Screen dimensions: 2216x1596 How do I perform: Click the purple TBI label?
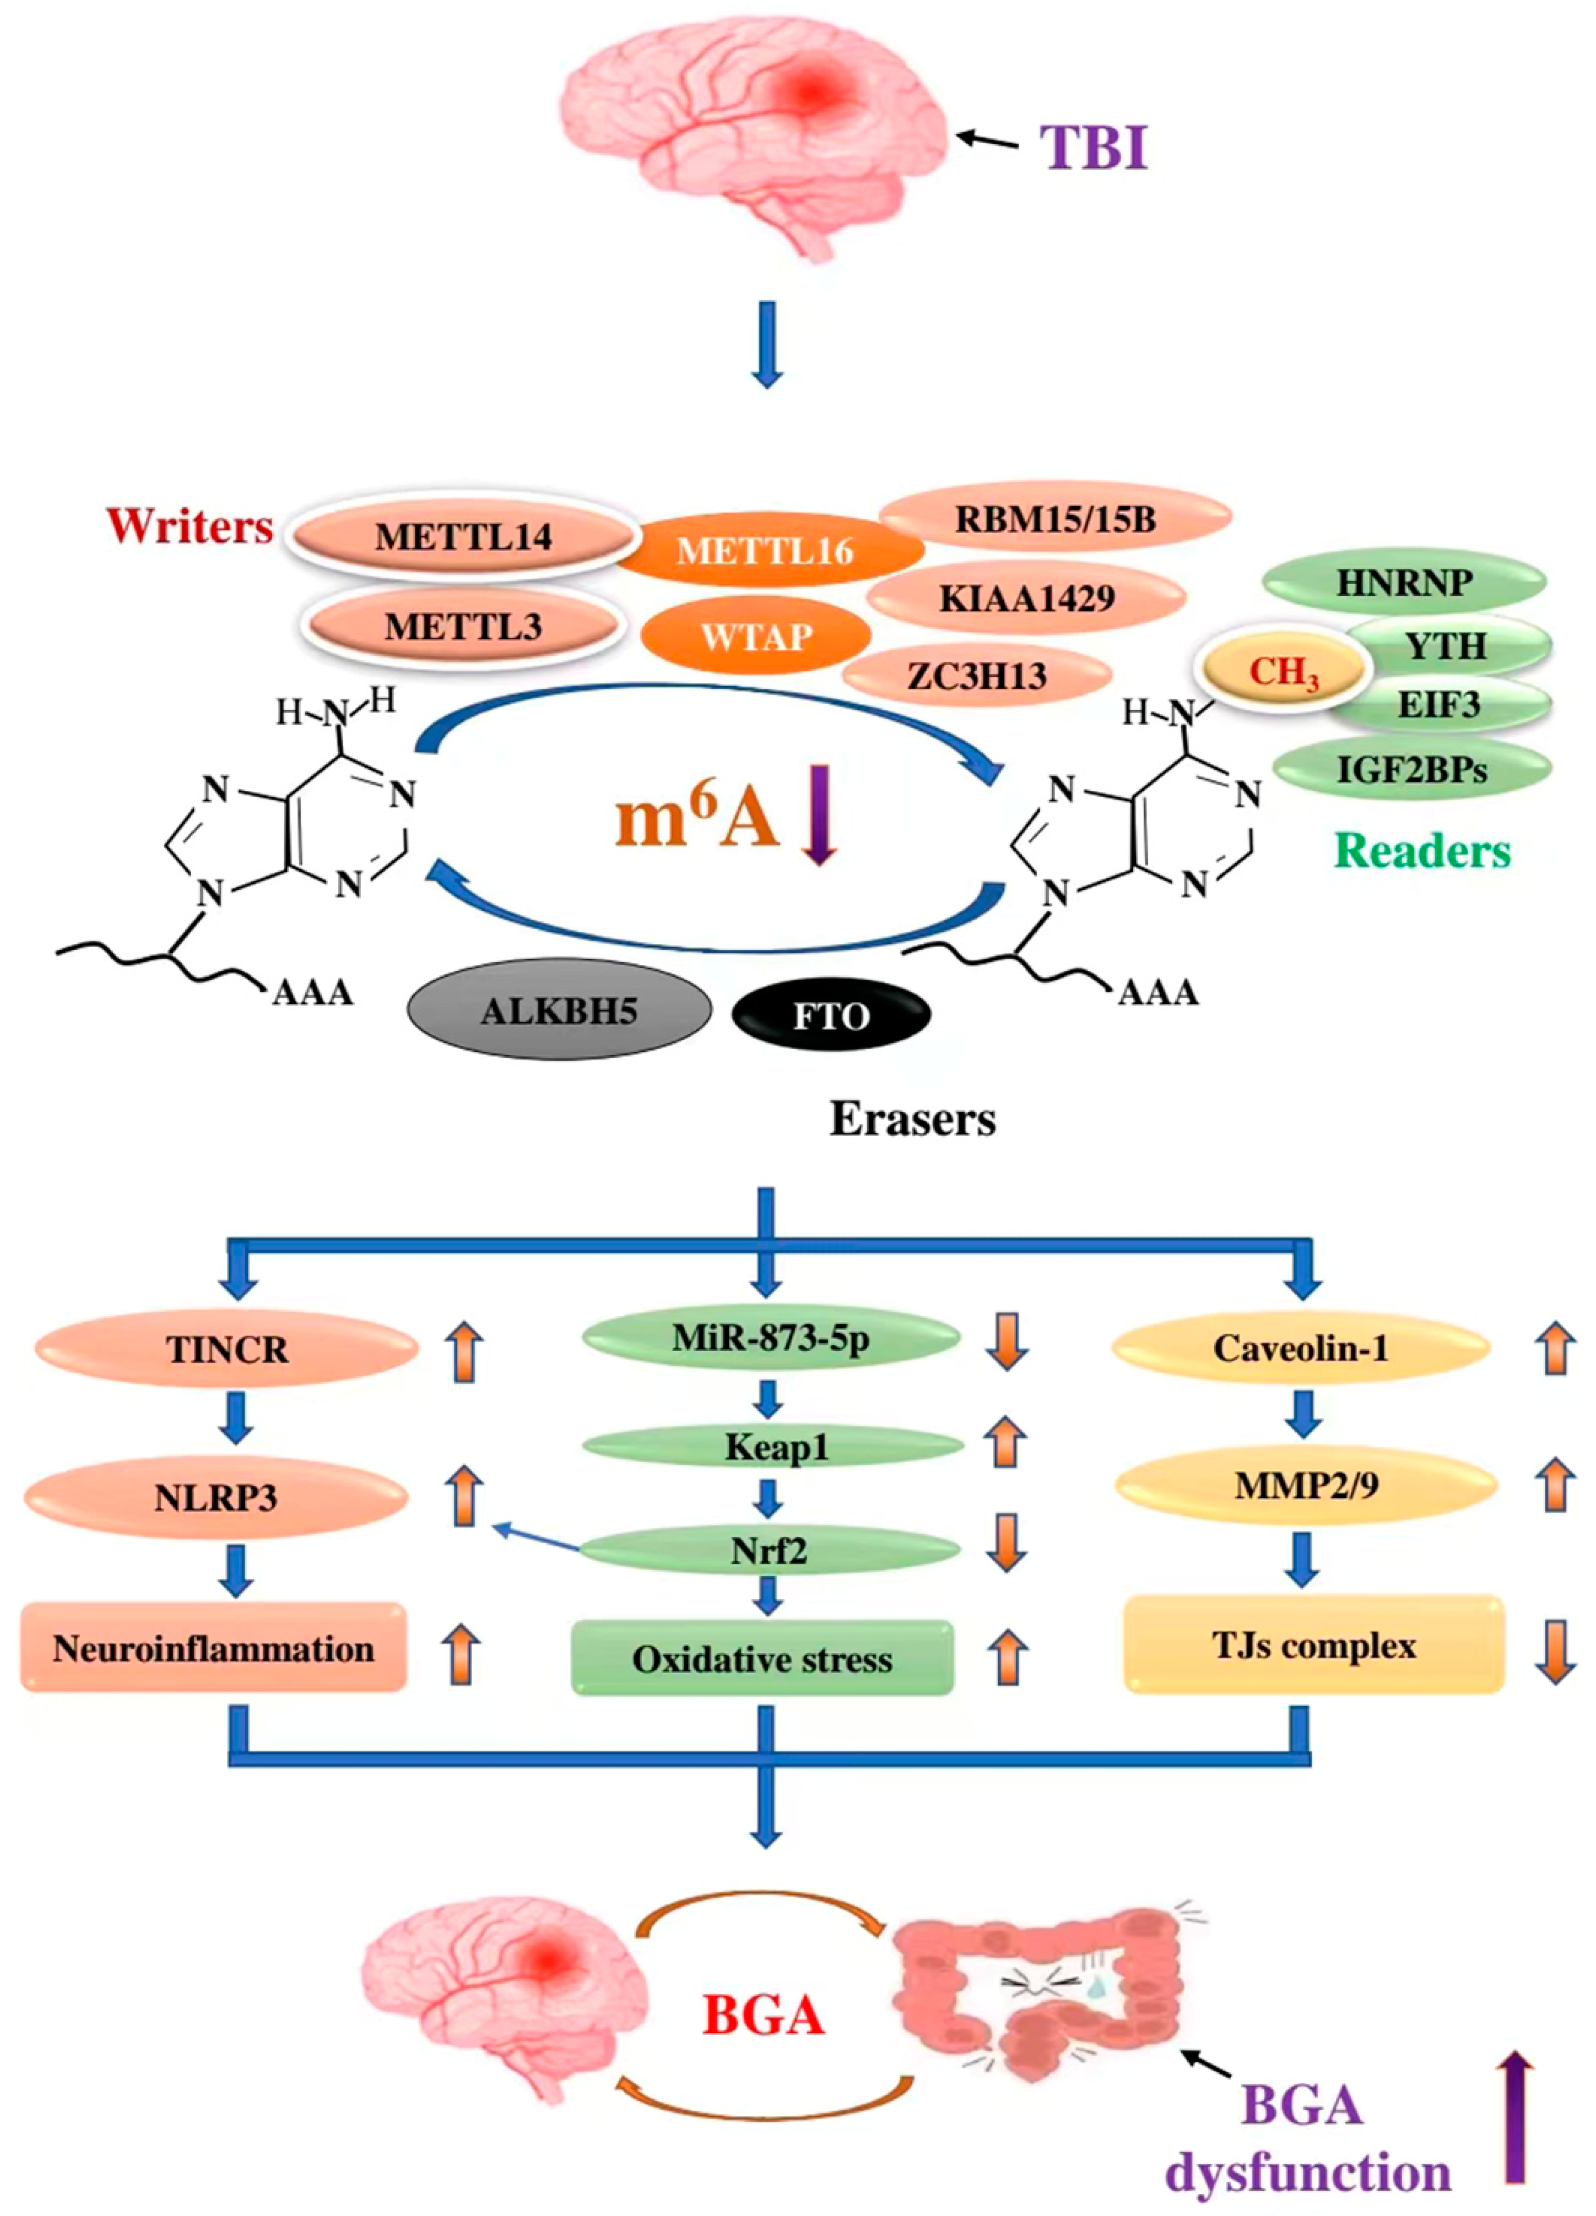1092,149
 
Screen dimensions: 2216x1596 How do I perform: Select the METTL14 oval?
463,536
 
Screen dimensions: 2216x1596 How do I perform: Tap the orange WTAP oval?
755,637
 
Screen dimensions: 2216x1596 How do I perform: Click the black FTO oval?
831,1016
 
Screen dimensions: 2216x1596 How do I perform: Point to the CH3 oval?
1283,672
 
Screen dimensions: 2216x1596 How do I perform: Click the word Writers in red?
190,526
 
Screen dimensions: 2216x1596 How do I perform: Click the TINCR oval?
227,1349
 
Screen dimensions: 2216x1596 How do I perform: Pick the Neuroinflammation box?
213,1648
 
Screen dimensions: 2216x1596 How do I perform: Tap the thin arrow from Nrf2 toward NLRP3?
538,1537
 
